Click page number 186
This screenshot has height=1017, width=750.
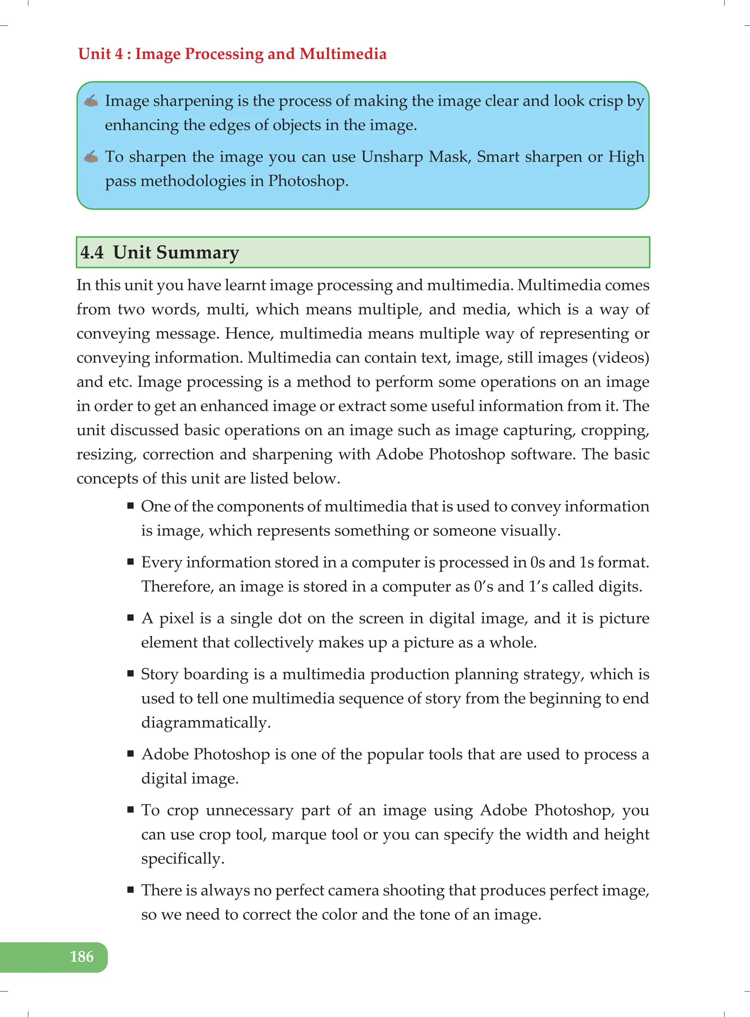point(82,957)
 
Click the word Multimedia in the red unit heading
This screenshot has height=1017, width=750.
point(343,54)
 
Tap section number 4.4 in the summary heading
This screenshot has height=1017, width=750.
point(92,252)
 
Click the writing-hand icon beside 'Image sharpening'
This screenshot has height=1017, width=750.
point(91,101)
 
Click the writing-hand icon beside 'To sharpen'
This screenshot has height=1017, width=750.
point(91,157)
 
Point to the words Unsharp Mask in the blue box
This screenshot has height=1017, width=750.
point(415,157)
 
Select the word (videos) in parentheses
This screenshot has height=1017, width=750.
point(621,358)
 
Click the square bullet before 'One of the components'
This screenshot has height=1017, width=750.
point(131,506)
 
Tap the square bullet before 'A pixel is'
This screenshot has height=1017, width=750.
point(131,618)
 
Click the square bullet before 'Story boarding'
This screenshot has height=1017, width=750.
point(131,674)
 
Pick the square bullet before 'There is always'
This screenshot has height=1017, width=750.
point(131,890)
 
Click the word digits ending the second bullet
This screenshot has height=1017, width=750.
point(619,586)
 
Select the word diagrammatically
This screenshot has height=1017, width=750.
point(205,722)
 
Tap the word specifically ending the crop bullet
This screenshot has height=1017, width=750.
point(182,858)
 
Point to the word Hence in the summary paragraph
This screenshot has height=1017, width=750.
point(249,334)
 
